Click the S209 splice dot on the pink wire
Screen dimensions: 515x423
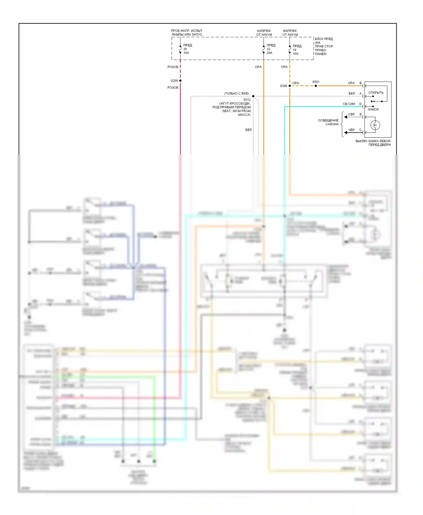180,81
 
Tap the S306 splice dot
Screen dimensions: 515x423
290,86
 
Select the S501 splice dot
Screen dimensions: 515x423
316,86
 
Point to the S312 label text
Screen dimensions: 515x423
247,100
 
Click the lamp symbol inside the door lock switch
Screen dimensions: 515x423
375,125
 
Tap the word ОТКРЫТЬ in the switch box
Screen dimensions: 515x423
376,93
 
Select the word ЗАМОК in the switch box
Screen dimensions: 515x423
373,109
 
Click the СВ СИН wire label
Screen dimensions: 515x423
349,104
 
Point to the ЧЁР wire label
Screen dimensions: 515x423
351,130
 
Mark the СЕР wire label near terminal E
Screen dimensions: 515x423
351,114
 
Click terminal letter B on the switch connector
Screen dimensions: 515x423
360,83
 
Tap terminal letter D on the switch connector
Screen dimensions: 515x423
360,104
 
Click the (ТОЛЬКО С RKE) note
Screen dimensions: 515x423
236,94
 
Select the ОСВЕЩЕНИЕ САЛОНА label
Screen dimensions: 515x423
328,122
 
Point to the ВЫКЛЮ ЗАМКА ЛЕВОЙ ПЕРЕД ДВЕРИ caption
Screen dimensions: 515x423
373,143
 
